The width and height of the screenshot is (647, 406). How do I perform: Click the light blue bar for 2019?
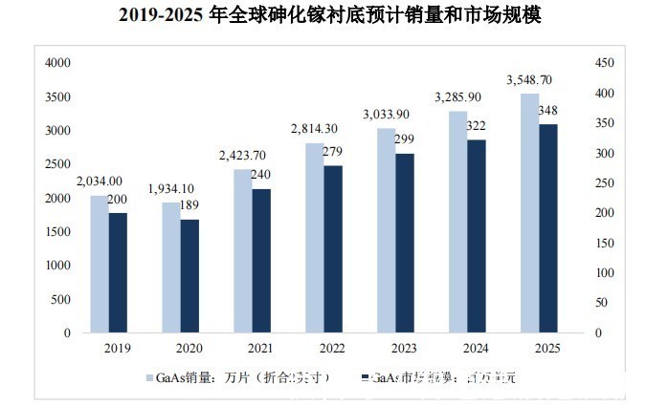point(99,264)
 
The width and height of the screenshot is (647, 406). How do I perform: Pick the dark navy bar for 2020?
point(190,276)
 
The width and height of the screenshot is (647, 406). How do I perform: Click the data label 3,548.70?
point(529,79)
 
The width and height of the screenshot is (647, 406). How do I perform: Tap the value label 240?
point(261,175)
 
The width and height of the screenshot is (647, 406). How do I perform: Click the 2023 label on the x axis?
point(387,349)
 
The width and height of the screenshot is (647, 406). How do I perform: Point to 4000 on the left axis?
point(59,63)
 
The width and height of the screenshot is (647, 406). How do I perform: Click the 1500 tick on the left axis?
point(59,232)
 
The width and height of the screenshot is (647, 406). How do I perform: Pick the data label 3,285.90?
point(457,97)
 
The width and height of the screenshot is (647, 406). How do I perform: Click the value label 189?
point(190,205)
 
